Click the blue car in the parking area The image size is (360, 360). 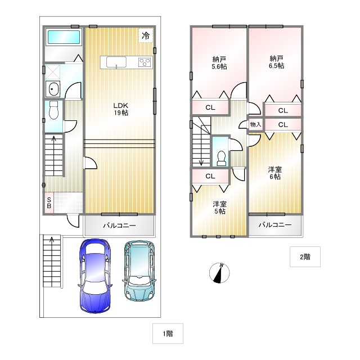(95, 276)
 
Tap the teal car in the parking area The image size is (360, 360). (139, 271)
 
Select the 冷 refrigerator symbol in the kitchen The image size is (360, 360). (146, 35)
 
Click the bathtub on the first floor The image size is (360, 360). (64, 37)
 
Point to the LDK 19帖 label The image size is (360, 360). (121, 109)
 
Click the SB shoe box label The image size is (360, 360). (49, 203)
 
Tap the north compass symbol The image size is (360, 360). (219, 273)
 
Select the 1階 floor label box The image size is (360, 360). (168, 334)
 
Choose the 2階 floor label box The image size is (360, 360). (305, 256)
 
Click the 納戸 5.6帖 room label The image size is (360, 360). (219, 63)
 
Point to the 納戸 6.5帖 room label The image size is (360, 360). (276, 62)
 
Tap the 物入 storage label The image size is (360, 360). (255, 124)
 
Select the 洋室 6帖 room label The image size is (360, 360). (275, 173)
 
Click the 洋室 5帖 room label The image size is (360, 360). (220, 208)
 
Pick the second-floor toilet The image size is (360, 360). (221, 158)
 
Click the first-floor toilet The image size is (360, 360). (54, 110)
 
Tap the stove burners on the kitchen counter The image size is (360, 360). (145, 62)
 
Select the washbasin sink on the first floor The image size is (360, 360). (53, 89)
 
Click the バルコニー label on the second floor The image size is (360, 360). (275, 224)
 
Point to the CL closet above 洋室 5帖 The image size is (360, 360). (210, 176)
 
